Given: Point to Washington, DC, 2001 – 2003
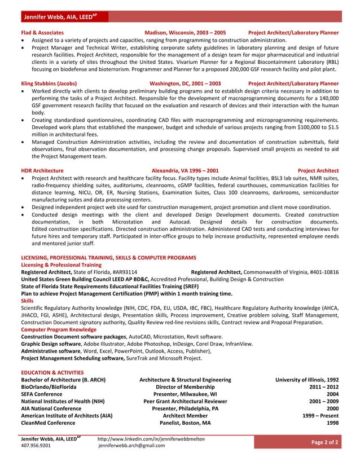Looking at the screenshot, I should click(x=185, y=83).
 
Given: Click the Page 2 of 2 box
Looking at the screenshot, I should click(x=325, y=442).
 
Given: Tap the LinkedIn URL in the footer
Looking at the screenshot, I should click(x=151, y=438).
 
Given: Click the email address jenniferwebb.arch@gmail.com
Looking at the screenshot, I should click(x=131, y=446).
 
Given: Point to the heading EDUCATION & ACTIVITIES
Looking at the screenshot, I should click(x=52, y=372).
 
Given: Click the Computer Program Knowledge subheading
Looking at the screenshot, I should click(x=59, y=329).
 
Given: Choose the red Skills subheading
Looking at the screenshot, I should click(x=27, y=301).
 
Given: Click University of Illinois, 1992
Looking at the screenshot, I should click(x=306, y=380).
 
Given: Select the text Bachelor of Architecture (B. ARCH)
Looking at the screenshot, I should click(x=63, y=380).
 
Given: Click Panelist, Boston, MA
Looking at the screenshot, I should click(x=185, y=422).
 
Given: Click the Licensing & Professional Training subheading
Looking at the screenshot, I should click(x=61, y=265).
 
